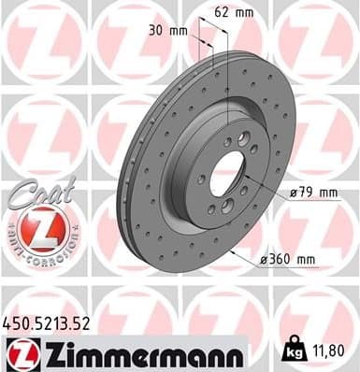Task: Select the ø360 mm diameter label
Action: point(292,258)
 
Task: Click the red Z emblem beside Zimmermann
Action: point(21,353)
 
